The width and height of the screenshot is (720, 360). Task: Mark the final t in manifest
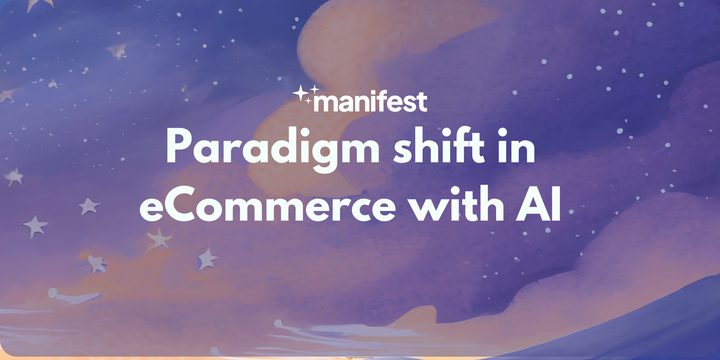click(424, 101)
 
